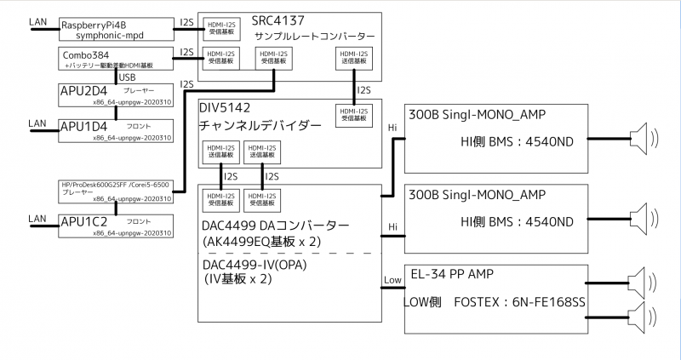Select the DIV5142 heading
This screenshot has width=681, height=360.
(229, 109)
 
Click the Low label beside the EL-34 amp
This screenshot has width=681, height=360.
(393, 280)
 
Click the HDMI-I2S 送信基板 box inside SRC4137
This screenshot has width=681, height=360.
(351, 59)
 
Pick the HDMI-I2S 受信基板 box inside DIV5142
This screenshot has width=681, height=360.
(351, 114)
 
